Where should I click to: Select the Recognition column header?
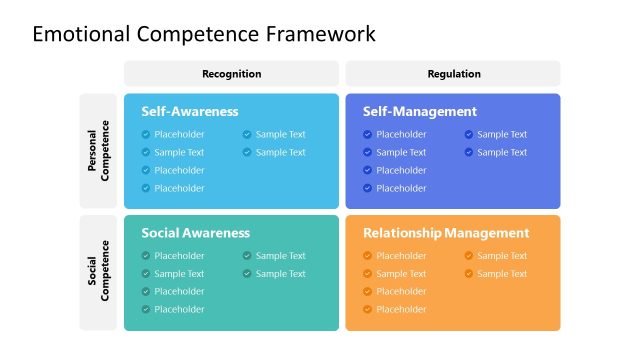[231, 73]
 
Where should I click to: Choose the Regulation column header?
[453, 73]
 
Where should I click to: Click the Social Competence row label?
[98, 273]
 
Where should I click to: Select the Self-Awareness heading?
[190, 112]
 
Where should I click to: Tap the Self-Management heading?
[420, 112]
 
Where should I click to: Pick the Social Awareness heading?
[196, 233]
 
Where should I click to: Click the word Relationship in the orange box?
[402, 233]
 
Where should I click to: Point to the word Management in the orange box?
[487, 233]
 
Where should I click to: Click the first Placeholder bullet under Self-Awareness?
[179, 134]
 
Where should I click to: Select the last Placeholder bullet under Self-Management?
[401, 188]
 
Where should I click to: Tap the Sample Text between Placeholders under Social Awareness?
[179, 274]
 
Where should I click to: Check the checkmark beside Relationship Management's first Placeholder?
[367, 256]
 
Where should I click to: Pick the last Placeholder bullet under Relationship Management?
[401, 310]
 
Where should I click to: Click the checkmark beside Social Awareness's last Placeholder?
[146, 310]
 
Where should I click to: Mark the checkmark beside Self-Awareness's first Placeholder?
[146, 134]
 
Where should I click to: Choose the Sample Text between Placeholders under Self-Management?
[401, 152]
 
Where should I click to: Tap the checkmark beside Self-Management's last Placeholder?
[367, 188]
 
